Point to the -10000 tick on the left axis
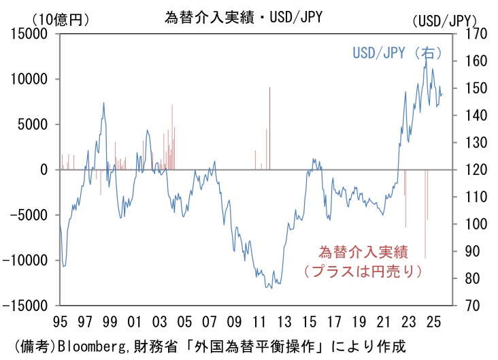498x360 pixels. (28, 260)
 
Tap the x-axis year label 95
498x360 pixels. (60, 321)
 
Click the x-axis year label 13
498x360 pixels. (284, 321)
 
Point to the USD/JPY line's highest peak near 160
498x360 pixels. (426, 54)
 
